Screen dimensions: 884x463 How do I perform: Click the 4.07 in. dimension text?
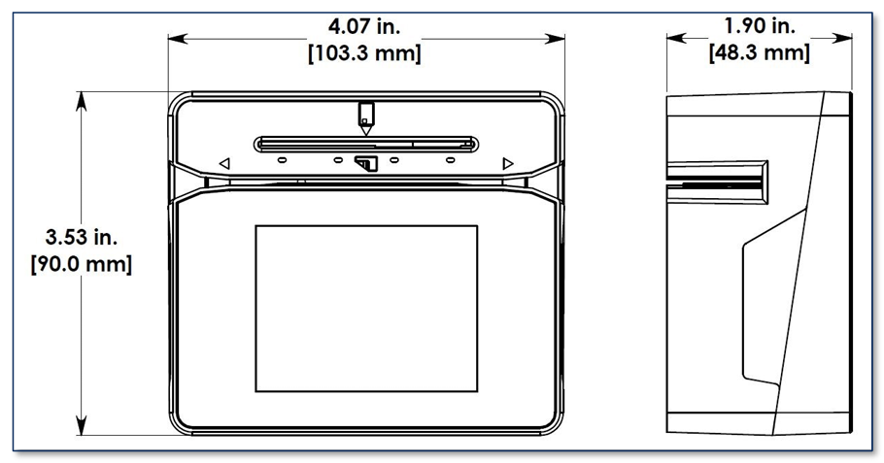point(364,27)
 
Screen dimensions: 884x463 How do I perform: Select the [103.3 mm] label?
point(364,54)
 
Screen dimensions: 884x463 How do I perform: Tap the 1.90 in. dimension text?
point(759,26)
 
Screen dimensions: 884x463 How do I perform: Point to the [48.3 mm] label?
point(759,53)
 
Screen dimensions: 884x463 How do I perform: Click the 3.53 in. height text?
point(82,238)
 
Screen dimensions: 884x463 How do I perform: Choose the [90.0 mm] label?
point(82,264)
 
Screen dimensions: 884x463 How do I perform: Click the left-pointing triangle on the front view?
point(224,163)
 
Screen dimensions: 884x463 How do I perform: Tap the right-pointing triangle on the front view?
point(508,163)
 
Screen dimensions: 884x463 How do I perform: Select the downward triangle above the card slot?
point(366,130)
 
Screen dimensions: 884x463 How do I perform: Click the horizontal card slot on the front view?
point(366,145)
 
